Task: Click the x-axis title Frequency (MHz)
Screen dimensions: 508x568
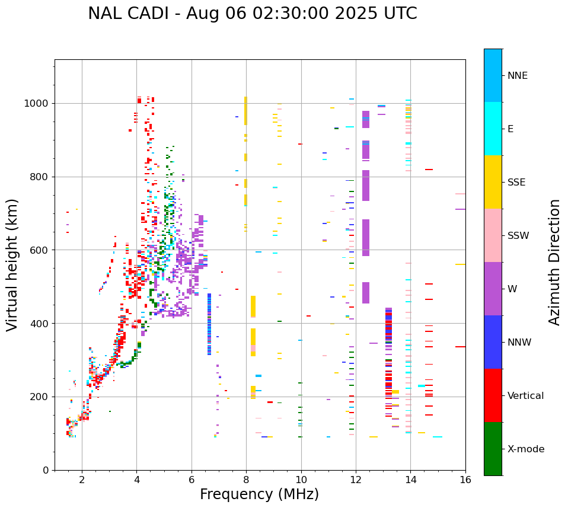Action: tap(259, 494)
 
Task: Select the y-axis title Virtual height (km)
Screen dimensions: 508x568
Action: tap(12, 265)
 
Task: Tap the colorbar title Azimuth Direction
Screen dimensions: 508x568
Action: tap(554, 262)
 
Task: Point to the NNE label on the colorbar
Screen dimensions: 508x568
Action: tap(517, 76)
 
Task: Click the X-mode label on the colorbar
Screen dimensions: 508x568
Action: tap(526, 449)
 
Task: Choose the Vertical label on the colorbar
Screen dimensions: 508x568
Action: tap(525, 396)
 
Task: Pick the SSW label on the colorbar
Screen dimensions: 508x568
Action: tap(518, 236)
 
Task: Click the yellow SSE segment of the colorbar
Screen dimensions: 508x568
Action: tap(493, 181)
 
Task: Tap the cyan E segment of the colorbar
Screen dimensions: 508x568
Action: tap(493, 129)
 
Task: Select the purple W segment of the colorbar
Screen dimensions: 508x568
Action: tap(493, 289)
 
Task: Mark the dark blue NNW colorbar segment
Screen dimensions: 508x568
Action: tap(493, 342)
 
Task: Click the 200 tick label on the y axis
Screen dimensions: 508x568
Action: tap(40, 397)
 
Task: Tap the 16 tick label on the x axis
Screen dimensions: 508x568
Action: tap(465, 480)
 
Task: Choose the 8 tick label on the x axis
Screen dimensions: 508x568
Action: tap(246, 480)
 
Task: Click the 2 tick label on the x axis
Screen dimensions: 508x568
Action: tap(82, 480)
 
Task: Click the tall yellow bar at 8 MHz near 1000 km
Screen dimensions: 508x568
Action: tap(245, 111)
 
